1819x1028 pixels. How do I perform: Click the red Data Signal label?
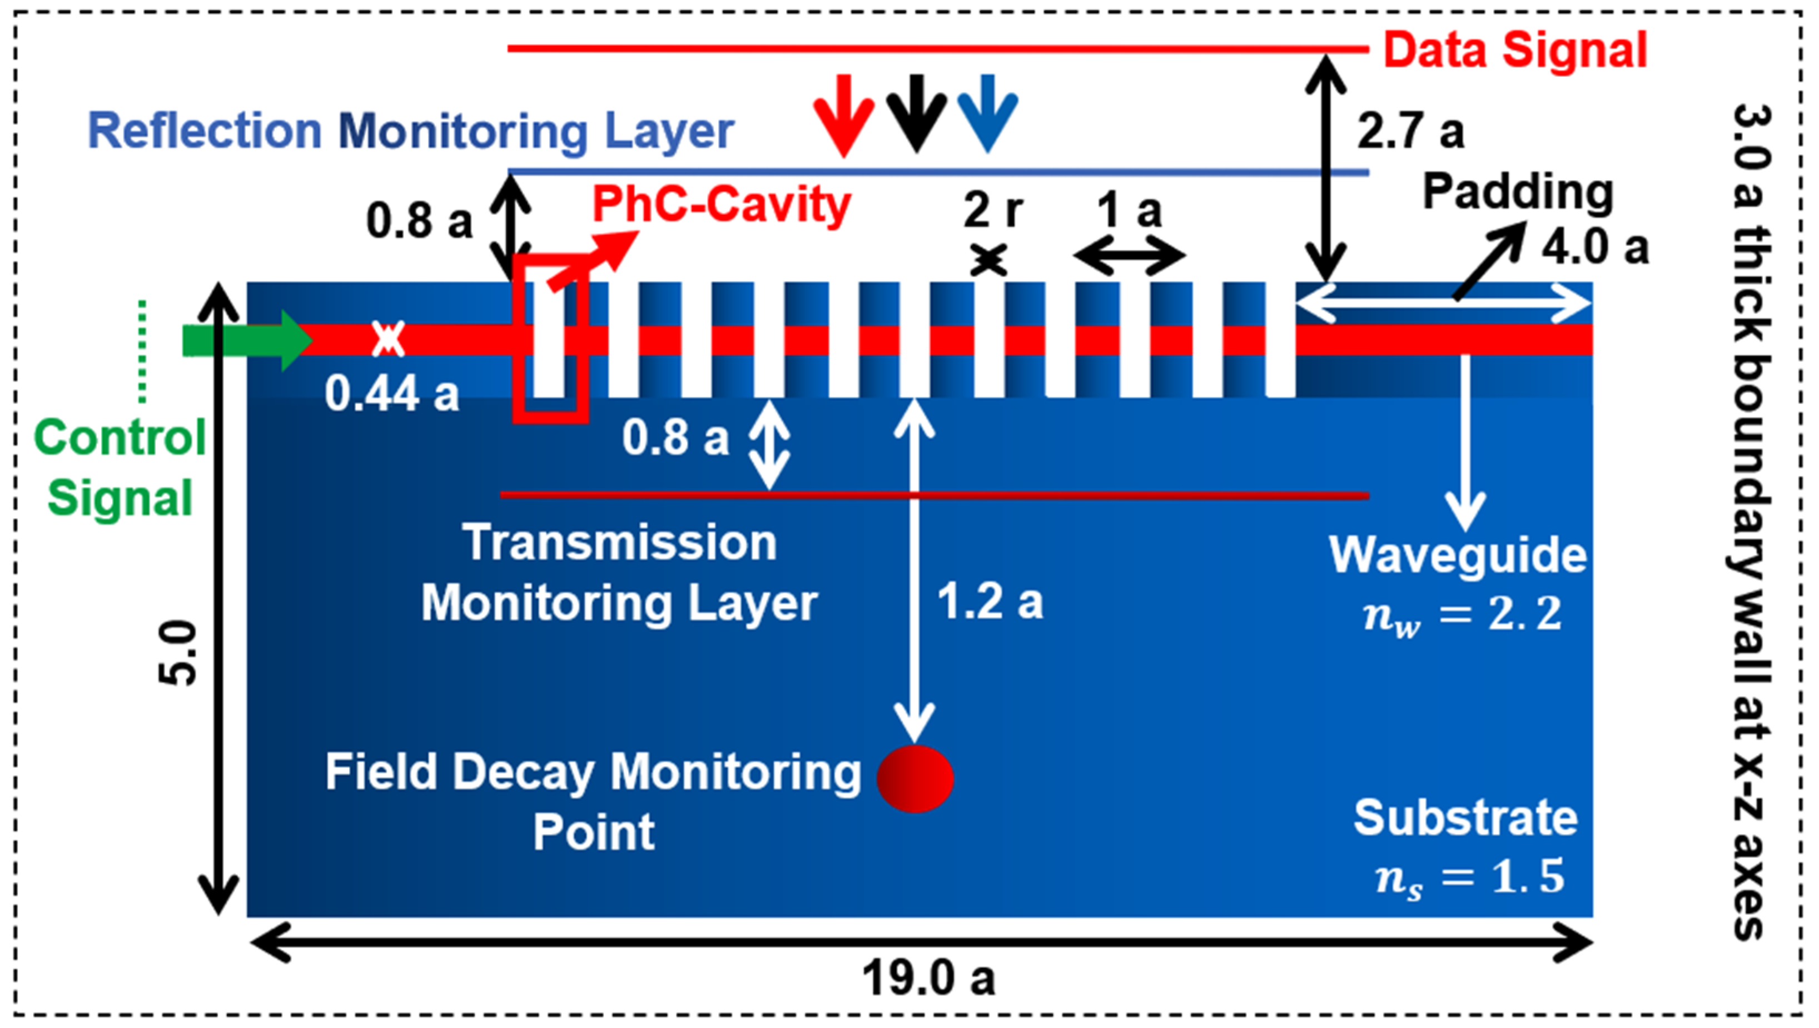(x=1515, y=51)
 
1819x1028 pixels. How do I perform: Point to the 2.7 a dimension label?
(x=1410, y=132)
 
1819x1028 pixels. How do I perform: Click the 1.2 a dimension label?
(x=990, y=602)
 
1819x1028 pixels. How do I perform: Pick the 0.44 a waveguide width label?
(x=391, y=393)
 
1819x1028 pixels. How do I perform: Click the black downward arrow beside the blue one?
(x=917, y=113)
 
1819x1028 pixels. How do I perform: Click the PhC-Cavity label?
(x=721, y=205)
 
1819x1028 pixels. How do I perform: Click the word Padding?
(x=1518, y=192)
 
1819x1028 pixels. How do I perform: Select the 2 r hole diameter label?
(x=993, y=210)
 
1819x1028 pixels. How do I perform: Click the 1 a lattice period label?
(x=1129, y=210)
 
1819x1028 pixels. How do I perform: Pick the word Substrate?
(x=1465, y=818)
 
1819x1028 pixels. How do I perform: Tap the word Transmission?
(x=619, y=543)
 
